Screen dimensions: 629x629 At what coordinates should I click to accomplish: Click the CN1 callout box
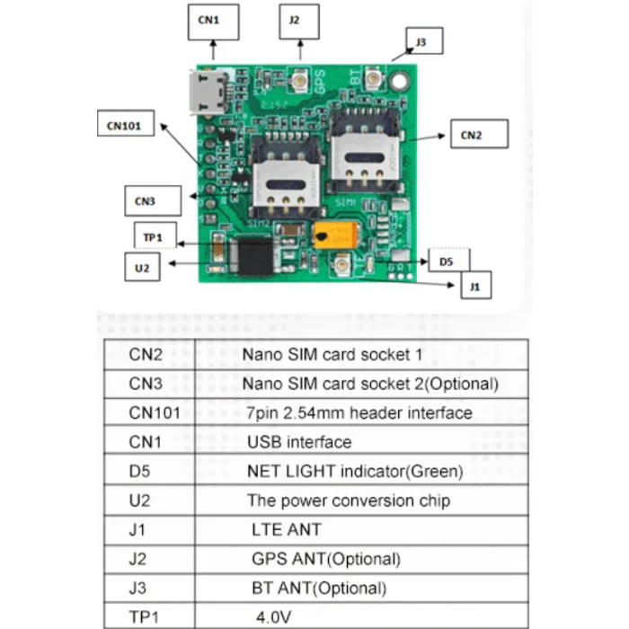214,22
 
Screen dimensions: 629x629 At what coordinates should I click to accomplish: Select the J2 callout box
298,22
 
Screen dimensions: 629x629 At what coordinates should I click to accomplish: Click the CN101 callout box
126,124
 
